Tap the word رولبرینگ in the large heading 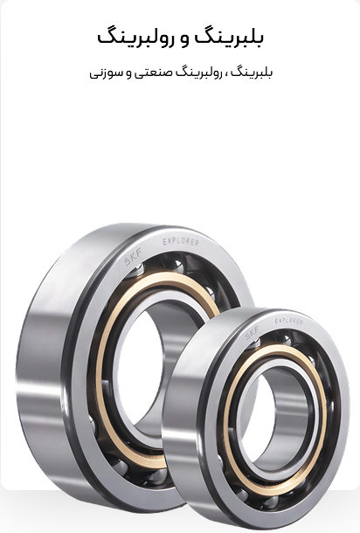133,38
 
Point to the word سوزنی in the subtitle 103,73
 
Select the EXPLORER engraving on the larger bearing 181,242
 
